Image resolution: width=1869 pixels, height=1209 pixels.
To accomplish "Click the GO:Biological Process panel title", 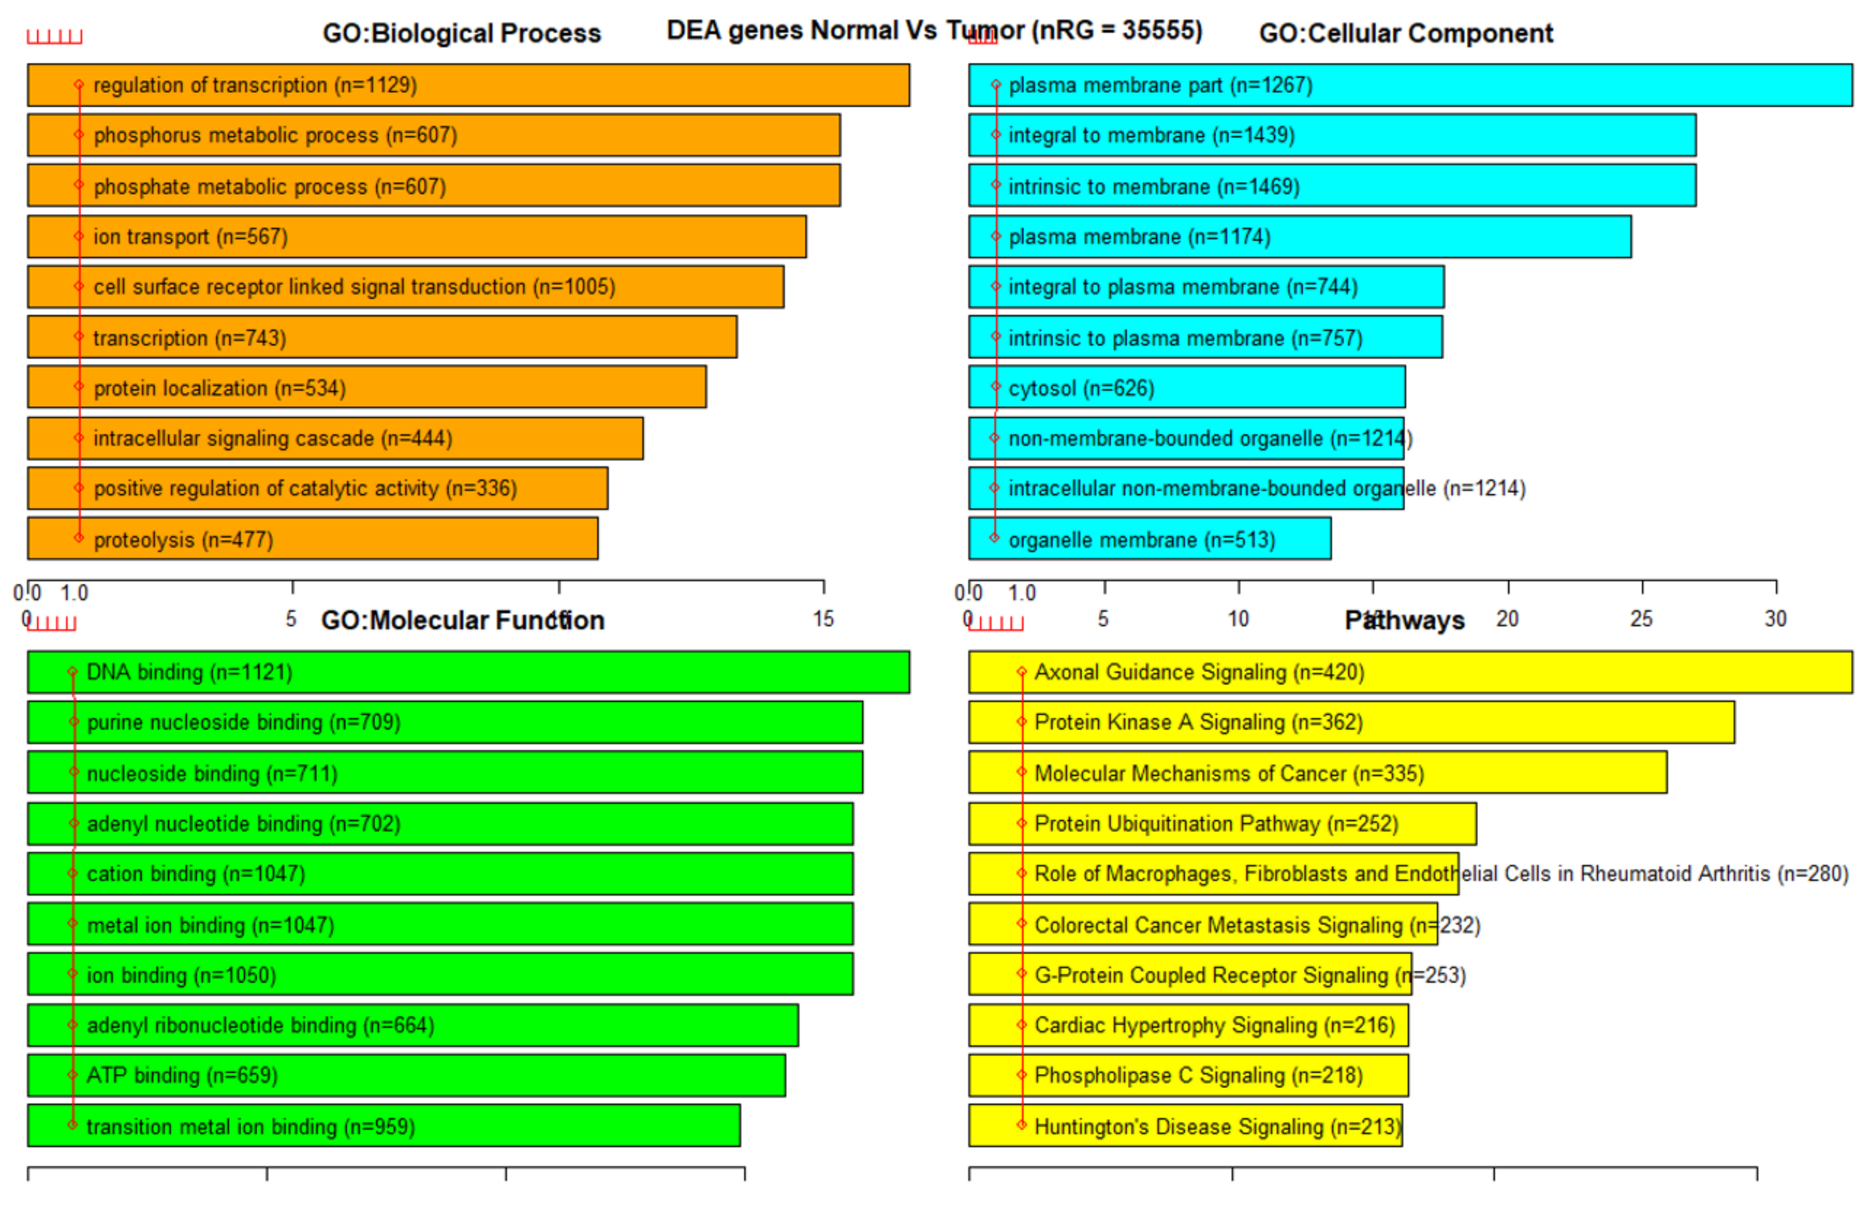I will tap(461, 33).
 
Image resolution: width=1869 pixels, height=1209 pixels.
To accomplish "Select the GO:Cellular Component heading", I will tap(1405, 33).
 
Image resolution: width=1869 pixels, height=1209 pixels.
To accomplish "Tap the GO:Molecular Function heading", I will tap(462, 620).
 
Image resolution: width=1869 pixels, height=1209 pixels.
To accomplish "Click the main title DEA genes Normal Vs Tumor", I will tap(933, 30).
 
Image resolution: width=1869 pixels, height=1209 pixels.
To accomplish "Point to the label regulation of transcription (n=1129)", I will tap(255, 85).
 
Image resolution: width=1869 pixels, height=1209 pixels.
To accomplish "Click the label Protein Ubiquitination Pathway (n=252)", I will tap(1216, 824).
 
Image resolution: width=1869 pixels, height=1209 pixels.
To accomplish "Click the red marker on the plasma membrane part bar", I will tap(995, 84).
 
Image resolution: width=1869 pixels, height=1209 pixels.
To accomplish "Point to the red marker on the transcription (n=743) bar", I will tap(78, 337).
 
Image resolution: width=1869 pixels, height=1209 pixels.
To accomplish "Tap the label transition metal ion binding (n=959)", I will tap(250, 1127).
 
